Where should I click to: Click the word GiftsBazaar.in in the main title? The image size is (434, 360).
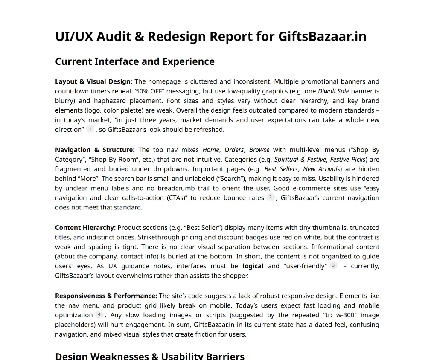tap(322, 37)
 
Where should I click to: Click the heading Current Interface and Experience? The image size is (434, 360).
tap(135, 61)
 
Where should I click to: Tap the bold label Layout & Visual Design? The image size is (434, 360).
tap(93, 81)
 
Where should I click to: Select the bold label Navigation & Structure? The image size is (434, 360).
tap(95, 150)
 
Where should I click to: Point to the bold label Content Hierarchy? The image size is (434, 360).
tap(85, 228)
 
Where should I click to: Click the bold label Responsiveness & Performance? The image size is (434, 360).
tap(106, 296)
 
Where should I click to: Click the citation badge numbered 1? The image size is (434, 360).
tap(90, 129)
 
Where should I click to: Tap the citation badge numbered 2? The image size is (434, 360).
tap(271, 197)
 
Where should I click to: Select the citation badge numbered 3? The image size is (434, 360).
tap(333, 265)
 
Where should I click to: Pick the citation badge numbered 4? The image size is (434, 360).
tap(99, 314)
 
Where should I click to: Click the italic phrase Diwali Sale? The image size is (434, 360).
tap(333, 91)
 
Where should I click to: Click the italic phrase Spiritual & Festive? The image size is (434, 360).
tap(300, 160)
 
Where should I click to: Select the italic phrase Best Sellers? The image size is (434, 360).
tap(281, 169)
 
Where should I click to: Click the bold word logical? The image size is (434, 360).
tap(253, 266)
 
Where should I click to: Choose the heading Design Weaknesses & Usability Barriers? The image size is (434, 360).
tap(150, 356)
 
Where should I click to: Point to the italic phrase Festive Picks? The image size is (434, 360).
tap(348, 160)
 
